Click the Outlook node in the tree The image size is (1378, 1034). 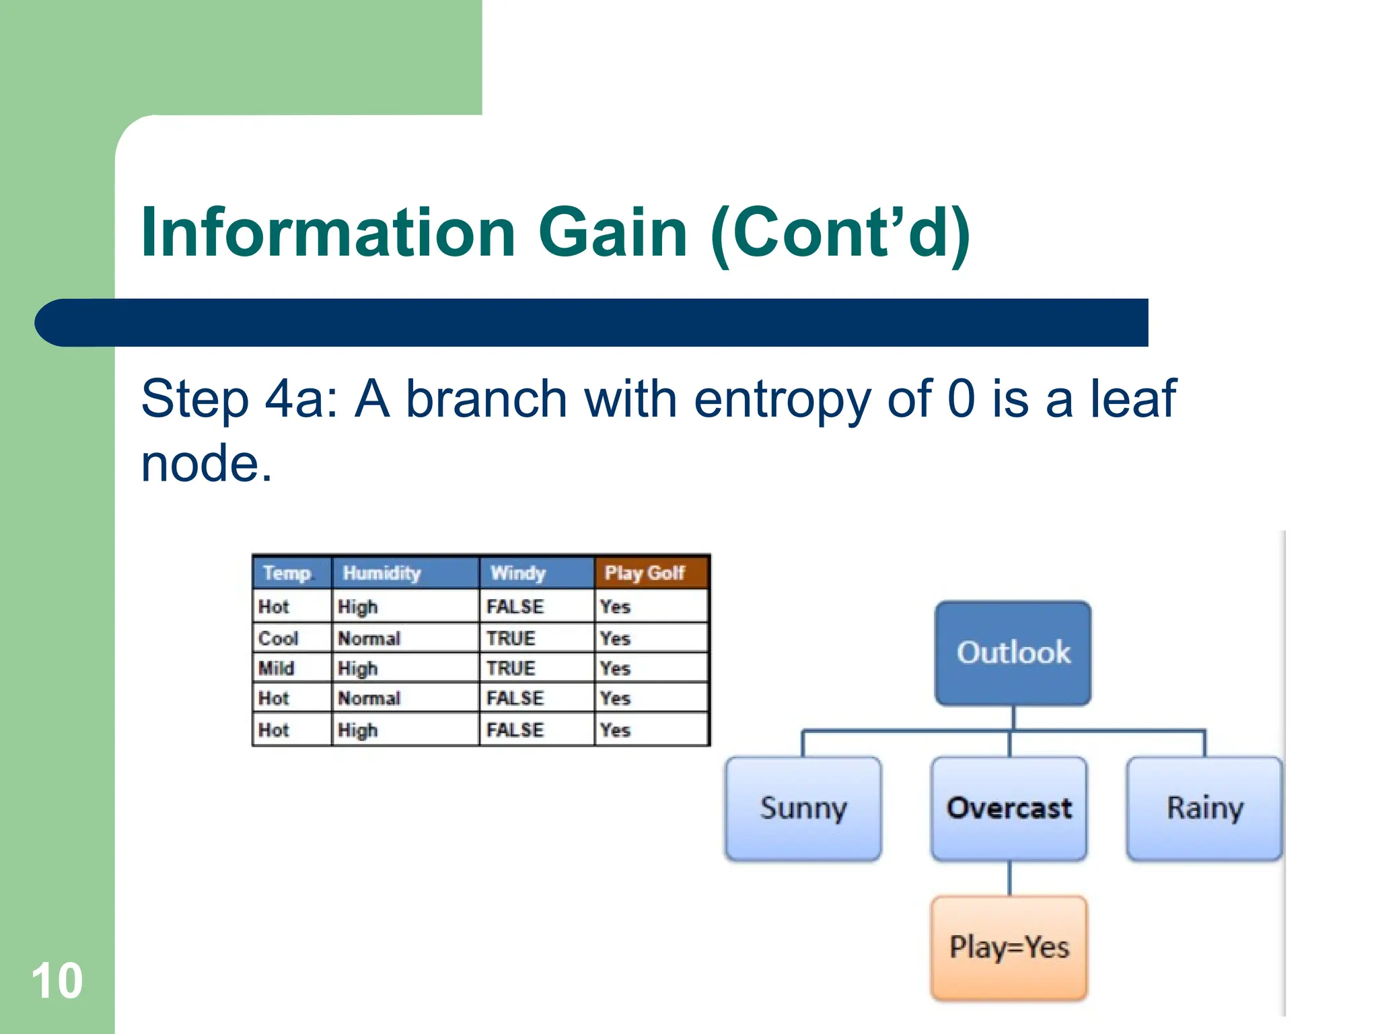coord(1013,652)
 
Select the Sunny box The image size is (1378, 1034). coord(803,808)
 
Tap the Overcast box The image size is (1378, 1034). coord(1009,808)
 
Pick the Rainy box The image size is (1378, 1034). coord(1204,808)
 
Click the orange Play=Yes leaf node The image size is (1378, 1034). coord(1009,947)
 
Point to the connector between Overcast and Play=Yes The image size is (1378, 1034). coord(1009,878)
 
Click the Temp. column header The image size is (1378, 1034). coord(289,573)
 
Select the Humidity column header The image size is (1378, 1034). coord(382,573)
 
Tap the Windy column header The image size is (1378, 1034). coord(518,573)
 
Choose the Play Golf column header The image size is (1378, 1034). coord(645,573)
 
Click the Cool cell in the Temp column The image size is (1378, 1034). coord(279,638)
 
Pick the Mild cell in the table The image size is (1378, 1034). coord(277,668)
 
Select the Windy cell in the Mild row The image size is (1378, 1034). coord(511,668)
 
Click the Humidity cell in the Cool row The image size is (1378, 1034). coord(369,638)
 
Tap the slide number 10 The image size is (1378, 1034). coord(57,981)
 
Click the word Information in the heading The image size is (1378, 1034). coord(328,232)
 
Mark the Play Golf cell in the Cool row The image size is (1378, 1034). coord(616,638)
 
